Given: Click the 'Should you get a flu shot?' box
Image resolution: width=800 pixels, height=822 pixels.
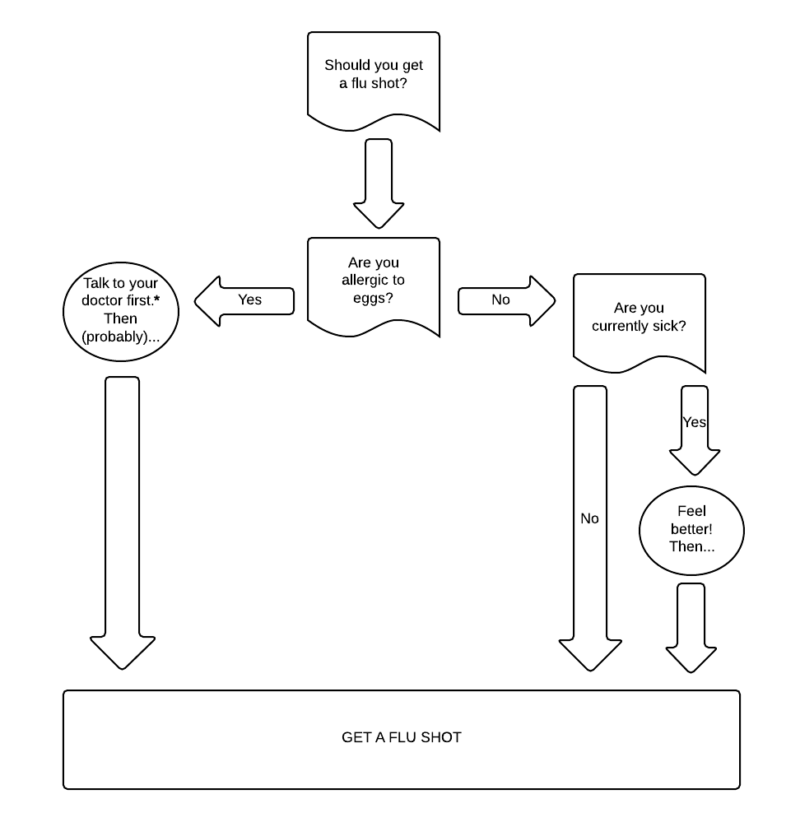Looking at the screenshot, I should (373, 76).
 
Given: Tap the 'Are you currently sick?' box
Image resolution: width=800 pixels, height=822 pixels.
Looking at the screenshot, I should (639, 318).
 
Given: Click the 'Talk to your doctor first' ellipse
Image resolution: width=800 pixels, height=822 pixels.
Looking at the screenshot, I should (121, 301).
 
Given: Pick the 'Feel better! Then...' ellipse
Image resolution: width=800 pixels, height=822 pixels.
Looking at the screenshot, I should (691, 529).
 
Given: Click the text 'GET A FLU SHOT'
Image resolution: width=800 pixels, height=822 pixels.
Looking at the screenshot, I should (401, 737).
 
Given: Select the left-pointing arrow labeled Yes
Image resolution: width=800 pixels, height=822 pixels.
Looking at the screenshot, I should (244, 300).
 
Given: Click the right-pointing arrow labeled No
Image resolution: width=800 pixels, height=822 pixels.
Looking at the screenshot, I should (505, 300).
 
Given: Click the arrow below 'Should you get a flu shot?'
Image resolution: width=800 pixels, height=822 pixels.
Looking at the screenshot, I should (378, 183).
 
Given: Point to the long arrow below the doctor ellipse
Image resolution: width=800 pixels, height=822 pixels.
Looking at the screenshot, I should (123, 518).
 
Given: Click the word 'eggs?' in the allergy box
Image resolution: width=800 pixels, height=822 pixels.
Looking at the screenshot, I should (373, 298).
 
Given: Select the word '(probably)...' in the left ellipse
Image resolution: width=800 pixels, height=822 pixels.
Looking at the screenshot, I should (121, 337).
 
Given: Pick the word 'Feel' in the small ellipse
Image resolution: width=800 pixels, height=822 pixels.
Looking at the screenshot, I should (691, 512).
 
